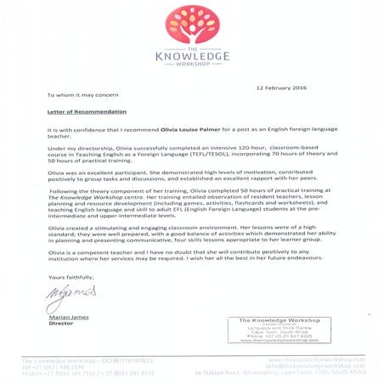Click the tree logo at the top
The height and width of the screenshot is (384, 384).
point(193,25)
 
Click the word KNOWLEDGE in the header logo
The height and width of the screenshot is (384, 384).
point(193,56)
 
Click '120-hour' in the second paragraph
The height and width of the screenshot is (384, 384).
point(217,145)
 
